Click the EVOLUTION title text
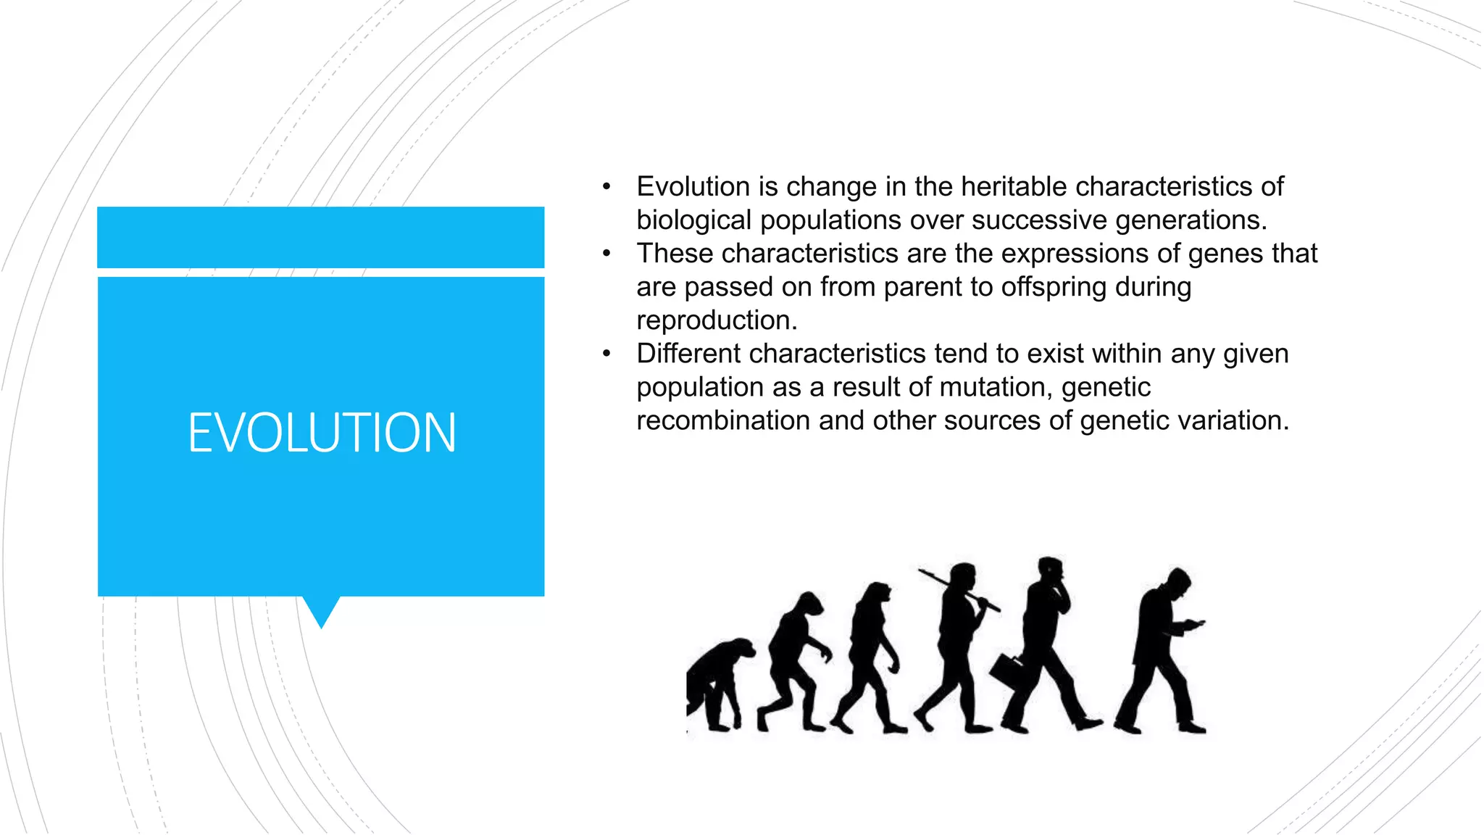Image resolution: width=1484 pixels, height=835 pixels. click(322, 433)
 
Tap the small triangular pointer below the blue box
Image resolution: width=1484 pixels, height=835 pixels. click(321, 611)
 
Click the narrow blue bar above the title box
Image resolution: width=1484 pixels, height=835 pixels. click(321, 237)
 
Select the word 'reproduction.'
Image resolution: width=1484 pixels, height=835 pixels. click(717, 320)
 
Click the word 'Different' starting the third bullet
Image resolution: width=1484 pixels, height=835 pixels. click(688, 354)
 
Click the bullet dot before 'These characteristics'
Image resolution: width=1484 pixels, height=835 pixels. click(606, 254)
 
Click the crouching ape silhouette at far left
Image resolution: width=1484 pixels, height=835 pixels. click(717, 681)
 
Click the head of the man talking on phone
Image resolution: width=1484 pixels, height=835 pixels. click(1051, 570)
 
